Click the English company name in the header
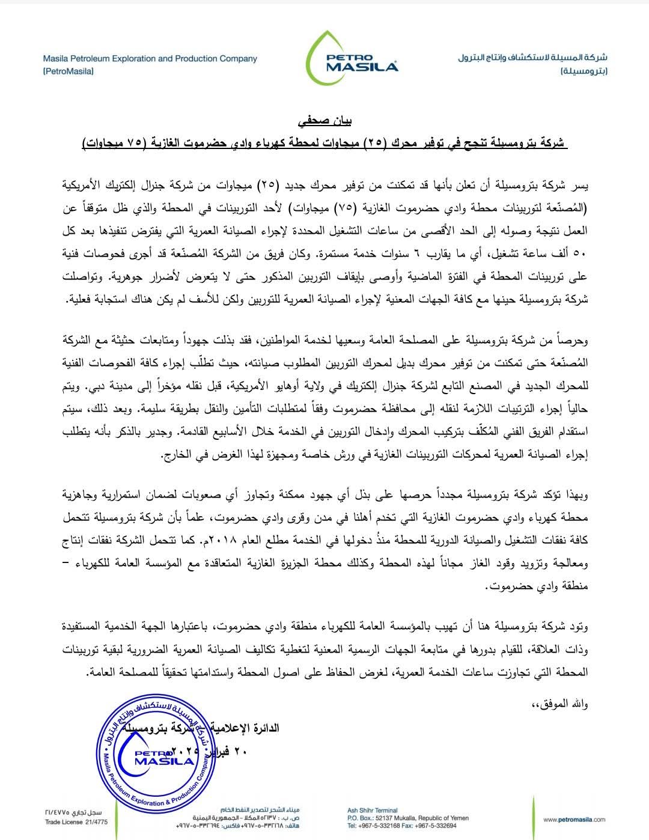pyautogui.click(x=150, y=59)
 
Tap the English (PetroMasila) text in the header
pyautogui.click(x=69, y=71)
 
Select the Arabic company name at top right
pyautogui.click(x=532, y=58)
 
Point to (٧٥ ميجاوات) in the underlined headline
pyautogui.click(x=115, y=143)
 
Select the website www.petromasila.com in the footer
pyautogui.click(x=574, y=820)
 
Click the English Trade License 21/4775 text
pyautogui.click(x=68, y=822)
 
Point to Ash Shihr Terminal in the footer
pyautogui.click(x=373, y=811)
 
